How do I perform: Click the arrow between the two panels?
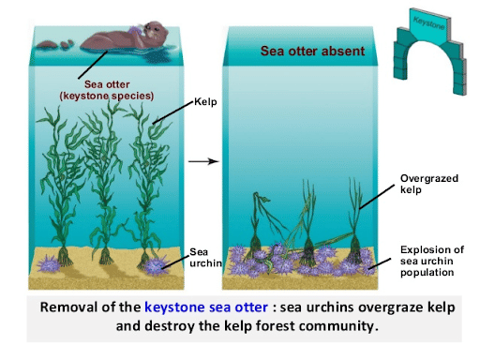click(203, 162)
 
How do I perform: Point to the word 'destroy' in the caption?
click(177, 328)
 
